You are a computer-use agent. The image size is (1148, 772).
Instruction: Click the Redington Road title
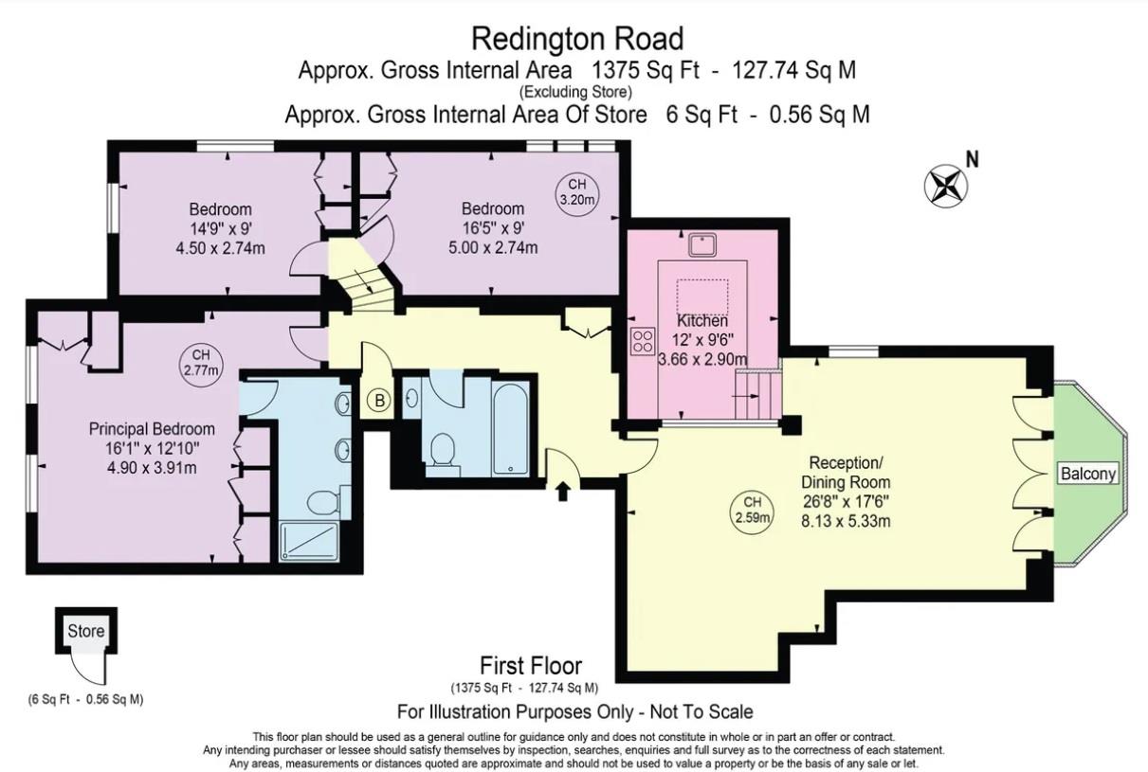pos(577,39)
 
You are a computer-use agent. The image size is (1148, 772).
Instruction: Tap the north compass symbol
pos(946,185)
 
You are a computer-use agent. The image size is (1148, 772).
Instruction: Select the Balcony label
pos(1087,474)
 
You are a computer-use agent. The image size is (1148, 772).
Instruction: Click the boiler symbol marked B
pos(379,401)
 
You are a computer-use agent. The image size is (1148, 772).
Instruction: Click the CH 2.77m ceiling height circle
pos(200,362)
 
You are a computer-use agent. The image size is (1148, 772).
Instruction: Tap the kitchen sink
pos(702,244)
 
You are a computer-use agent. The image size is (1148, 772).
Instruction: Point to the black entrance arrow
pos(563,491)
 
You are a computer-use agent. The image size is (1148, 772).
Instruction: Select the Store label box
pos(85,631)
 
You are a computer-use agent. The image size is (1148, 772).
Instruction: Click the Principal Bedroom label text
pos(152,429)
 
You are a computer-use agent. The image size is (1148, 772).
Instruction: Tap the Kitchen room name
pos(702,321)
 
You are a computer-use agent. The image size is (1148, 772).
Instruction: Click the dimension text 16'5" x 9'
pos(492,228)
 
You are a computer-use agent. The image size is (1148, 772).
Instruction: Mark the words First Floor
pos(531,666)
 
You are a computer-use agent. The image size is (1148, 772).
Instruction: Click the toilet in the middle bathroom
pos(442,451)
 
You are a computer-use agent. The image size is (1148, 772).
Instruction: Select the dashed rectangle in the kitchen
pos(701,296)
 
